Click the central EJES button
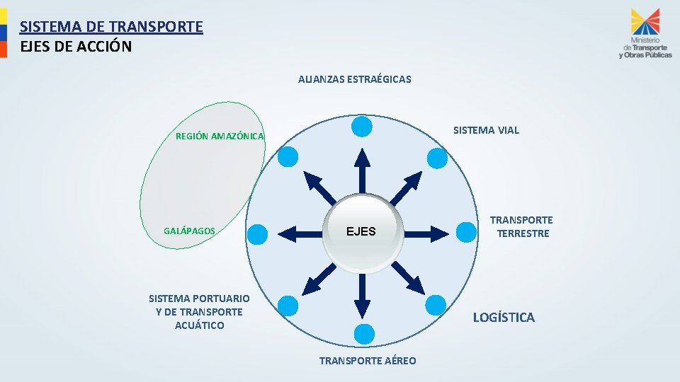(361, 232)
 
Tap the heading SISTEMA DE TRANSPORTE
(111, 27)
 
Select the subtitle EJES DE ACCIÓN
(76, 47)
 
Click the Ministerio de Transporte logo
(645, 34)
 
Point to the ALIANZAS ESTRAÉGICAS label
(354, 79)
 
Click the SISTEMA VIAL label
(486, 130)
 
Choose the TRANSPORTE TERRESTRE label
(522, 226)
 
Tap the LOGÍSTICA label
(504, 317)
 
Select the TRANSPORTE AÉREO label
(368, 361)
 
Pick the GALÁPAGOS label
(189, 231)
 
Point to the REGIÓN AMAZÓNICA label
(220, 136)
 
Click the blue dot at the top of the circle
(362, 127)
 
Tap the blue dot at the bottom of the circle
(363, 334)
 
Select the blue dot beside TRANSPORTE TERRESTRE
(467, 231)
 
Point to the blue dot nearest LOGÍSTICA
(435, 305)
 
